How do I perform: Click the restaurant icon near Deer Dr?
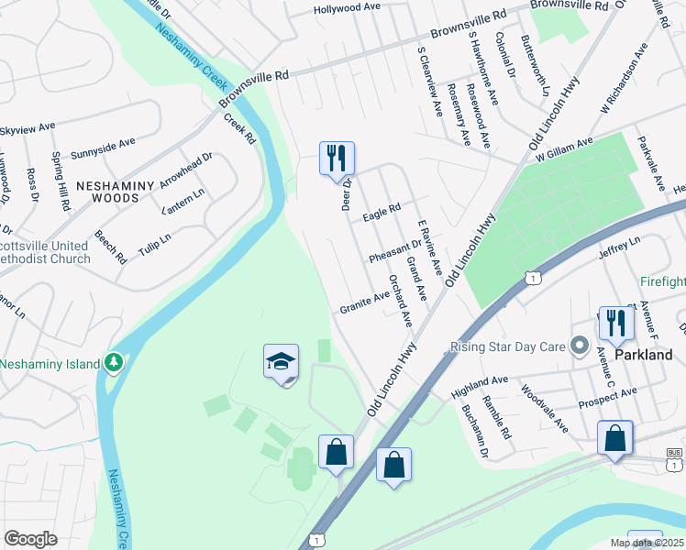[x=337, y=159]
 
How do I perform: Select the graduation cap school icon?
[x=282, y=362]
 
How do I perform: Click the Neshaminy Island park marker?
[x=113, y=363]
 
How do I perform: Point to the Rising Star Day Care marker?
[x=579, y=346]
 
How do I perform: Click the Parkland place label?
[x=644, y=355]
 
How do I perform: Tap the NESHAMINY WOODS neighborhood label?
[x=119, y=191]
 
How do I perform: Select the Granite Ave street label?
[x=364, y=301]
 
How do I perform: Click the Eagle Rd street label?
[x=382, y=213]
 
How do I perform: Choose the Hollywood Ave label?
[x=347, y=7]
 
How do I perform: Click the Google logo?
[x=30, y=539]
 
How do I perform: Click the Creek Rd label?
[x=238, y=130]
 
